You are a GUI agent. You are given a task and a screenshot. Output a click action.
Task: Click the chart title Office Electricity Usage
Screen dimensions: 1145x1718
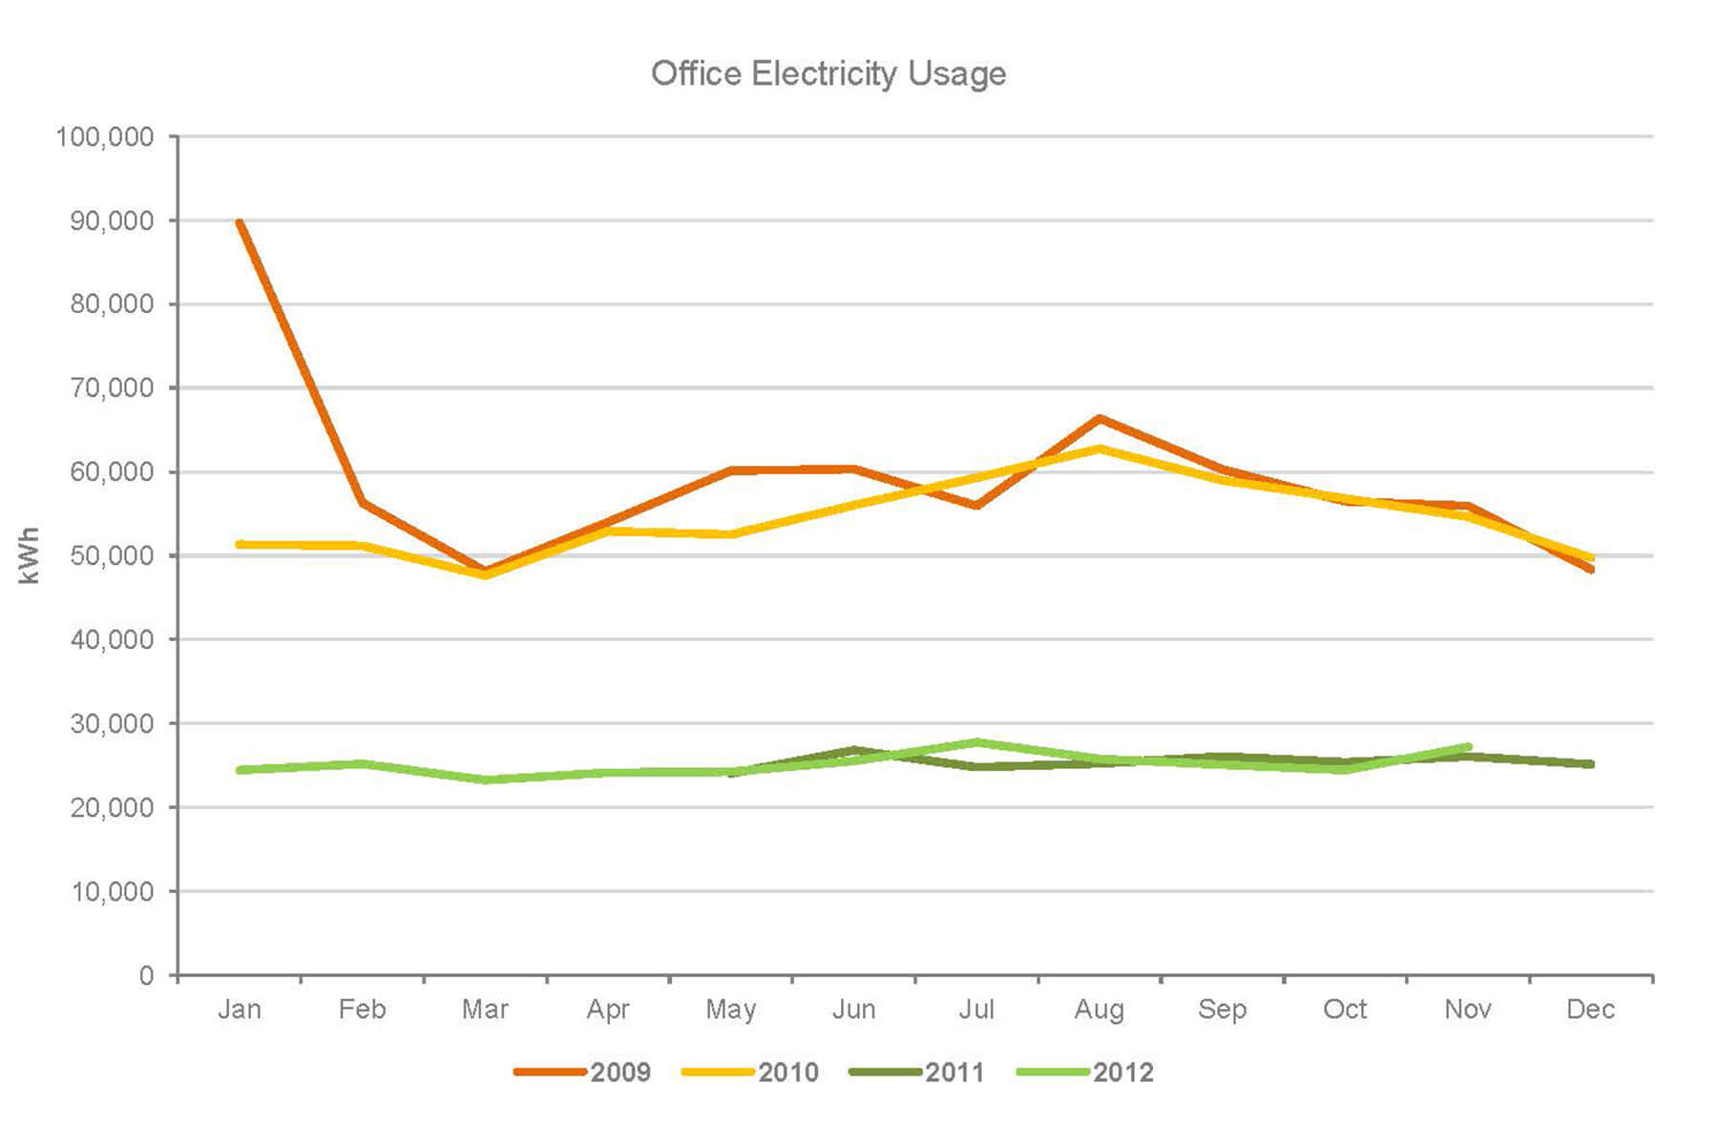(x=828, y=73)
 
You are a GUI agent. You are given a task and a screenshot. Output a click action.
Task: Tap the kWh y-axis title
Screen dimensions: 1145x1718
(x=30, y=555)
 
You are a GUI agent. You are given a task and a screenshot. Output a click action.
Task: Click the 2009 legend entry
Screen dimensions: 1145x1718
(x=583, y=1072)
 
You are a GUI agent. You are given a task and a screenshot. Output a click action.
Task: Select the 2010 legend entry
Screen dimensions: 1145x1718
(x=751, y=1072)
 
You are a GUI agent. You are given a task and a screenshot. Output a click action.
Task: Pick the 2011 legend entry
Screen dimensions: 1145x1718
(x=917, y=1072)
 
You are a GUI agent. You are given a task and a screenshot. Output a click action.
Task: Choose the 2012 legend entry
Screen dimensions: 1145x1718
(x=1086, y=1072)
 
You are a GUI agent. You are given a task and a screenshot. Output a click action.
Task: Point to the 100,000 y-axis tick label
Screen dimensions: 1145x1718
(x=105, y=137)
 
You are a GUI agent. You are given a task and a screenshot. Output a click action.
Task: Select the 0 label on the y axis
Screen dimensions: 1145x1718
(x=146, y=975)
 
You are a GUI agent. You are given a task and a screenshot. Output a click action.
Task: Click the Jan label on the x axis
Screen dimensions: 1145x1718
(x=239, y=1010)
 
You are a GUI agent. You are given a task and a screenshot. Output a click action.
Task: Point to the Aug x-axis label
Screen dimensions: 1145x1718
(x=1100, y=1010)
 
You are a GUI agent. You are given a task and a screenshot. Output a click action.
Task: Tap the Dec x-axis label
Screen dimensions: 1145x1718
(x=1590, y=1010)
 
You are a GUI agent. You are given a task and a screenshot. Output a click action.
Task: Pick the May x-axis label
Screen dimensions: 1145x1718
(x=731, y=1010)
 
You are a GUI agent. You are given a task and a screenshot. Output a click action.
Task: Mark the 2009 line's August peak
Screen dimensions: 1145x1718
(x=1100, y=418)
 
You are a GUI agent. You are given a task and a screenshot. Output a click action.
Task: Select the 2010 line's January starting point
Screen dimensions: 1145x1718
(x=240, y=544)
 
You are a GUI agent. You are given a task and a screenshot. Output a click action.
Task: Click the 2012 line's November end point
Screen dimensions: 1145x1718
(x=1468, y=746)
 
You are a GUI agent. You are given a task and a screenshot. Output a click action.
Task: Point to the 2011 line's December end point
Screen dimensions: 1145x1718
(x=1590, y=764)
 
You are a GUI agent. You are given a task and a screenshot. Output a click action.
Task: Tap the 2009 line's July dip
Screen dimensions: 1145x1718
(x=976, y=506)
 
